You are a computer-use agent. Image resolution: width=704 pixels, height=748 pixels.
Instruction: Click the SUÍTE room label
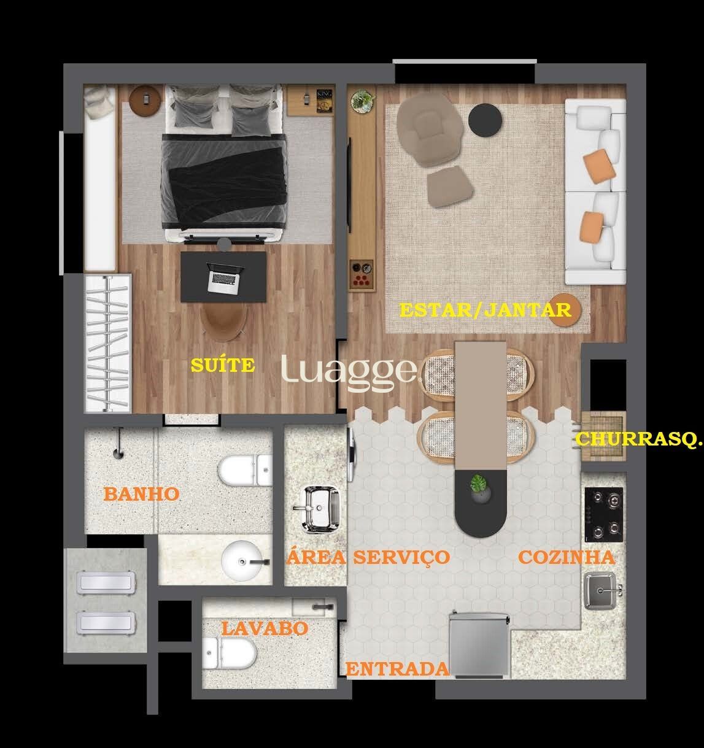pos(223,365)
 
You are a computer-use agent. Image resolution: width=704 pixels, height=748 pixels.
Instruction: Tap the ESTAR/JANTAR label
pos(485,310)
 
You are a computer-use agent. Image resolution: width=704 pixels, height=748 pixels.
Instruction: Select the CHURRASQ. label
pos(639,439)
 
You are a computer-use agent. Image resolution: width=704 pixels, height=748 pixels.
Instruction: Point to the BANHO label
pos(141,494)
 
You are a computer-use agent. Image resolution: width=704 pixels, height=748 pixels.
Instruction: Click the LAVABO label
pos(265,628)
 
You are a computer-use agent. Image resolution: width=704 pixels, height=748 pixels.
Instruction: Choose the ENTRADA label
pos(398,669)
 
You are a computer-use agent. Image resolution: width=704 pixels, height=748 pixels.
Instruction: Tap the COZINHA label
pos(567,557)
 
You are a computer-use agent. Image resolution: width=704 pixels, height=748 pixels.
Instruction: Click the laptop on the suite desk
pos(225,278)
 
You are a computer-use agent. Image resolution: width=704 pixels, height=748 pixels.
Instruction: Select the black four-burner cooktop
pos(603,514)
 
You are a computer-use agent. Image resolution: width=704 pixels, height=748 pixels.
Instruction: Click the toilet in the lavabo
pos(229,653)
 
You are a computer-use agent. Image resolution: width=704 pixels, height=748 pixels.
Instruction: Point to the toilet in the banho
pos(245,470)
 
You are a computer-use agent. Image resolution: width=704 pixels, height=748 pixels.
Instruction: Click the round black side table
pos(485,120)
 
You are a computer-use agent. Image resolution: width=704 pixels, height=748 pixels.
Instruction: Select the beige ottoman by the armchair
pos(450,187)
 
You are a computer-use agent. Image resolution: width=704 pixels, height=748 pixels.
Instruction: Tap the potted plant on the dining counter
pos(479,488)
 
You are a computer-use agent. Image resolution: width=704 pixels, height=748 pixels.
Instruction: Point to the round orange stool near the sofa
pos(564,310)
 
